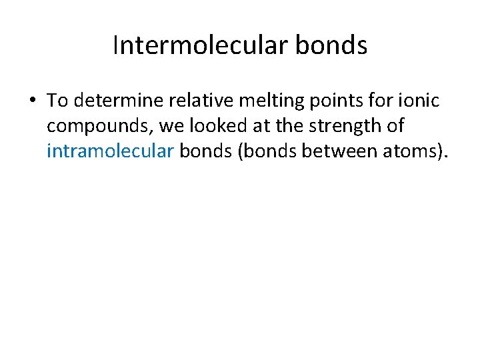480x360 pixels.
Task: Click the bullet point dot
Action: click(x=31, y=101)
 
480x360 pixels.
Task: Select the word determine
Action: click(x=115, y=101)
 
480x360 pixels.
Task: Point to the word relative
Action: click(x=197, y=101)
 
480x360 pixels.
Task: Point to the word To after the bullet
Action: click(x=58, y=101)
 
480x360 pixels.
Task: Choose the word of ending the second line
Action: click(x=395, y=125)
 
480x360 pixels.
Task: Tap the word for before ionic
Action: click(x=383, y=101)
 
